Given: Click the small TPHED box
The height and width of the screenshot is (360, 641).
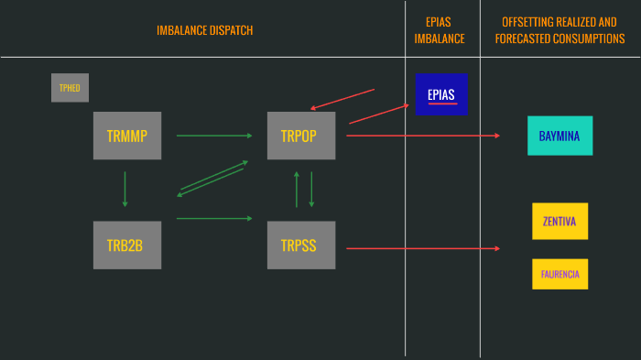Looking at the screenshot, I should [x=70, y=88].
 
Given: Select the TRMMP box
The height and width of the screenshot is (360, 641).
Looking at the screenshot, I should [x=127, y=136].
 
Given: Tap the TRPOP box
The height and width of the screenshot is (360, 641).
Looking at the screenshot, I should [x=301, y=136].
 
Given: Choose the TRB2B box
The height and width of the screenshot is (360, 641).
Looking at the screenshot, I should [x=127, y=245].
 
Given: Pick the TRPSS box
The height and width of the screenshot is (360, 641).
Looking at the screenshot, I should [x=301, y=245].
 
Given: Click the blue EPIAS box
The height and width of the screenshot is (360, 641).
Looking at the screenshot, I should [x=441, y=94].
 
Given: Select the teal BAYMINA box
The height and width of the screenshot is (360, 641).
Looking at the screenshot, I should [x=560, y=136].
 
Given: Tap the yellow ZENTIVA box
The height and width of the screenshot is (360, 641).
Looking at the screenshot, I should [x=560, y=221].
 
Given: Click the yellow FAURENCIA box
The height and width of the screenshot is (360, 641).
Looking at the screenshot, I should [x=560, y=274].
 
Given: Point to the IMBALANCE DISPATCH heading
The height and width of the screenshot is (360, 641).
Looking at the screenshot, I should [x=204, y=30].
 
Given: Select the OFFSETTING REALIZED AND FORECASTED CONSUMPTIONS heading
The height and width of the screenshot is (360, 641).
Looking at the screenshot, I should [x=560, y=30].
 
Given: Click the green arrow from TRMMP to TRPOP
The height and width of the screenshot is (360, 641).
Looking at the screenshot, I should [x=213, y=136].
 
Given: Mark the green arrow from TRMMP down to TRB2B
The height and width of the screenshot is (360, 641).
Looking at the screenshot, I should [x=125, y=189].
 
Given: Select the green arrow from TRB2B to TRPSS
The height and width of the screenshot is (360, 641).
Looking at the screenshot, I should [x=213, y=218].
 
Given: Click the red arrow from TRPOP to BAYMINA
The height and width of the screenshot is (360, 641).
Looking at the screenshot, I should [x=421, y=136].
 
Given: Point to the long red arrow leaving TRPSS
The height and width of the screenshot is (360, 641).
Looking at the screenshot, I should [x=421, y=248].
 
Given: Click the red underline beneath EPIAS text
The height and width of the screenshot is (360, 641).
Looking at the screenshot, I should [x=441, y=104].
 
